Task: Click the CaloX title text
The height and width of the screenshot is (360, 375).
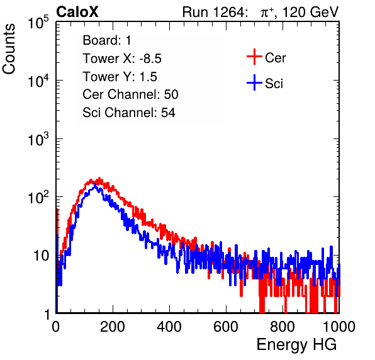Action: tap(77, 12)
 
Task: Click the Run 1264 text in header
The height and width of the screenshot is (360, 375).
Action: tap(214, 12)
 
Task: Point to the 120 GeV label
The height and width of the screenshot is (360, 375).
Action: tap(310, 12)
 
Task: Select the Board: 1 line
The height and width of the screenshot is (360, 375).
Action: tap(107, 40)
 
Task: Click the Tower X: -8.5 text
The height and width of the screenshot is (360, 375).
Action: tap(122, 59)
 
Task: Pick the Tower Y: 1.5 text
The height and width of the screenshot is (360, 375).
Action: tap(120, 77)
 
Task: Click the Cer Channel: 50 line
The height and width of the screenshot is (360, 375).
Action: tap(130, 94)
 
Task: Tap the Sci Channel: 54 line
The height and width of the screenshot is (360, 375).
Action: tap(129, 113)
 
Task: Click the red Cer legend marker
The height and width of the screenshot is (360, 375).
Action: tap(254, 57)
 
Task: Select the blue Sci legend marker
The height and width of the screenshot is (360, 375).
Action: tap(254, 82)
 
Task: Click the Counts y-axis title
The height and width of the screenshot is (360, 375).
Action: tap(9, 48)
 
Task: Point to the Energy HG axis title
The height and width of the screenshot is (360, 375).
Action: tap(296, 345)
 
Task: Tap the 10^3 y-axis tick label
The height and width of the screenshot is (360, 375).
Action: tap(38, 139)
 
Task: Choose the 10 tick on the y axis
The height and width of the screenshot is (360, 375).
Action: tap(42, 256)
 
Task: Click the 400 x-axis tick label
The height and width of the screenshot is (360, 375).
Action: tap(169, 327)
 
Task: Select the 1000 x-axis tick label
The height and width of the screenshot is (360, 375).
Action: tap(339, 327)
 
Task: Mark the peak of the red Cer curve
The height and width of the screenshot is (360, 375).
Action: tap(99, 178)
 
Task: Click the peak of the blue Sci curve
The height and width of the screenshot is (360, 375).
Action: tap(95, 184)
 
